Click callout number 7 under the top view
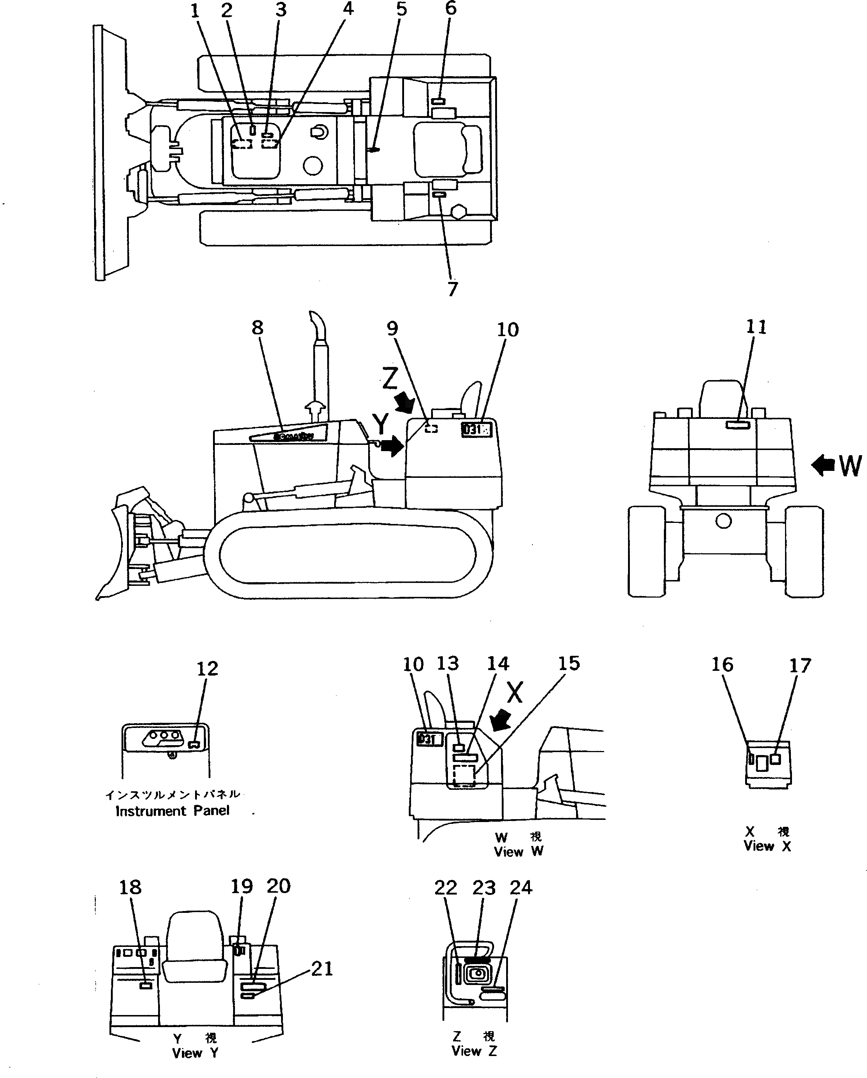(x=452, y=289)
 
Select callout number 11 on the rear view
(x=756, y=327)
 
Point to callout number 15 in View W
(x=569, y=663)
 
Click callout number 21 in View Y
(x=322, y=969)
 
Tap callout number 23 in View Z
(x=484, y=888)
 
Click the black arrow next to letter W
(x=823, y=465)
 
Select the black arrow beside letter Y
(x=393, y=445)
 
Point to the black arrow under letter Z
(x=405, y=402)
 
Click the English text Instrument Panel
(x=172, y=810)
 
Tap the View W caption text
(x=518, y=851)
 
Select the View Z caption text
(x=474, y=1051)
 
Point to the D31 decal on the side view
(x=476, y=430)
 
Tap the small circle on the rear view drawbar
(x=723, y=521)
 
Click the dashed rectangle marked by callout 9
(x=431, y=428)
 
